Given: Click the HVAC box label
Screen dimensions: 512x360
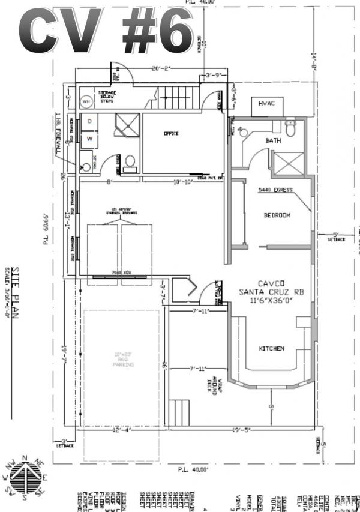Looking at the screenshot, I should [266, 104].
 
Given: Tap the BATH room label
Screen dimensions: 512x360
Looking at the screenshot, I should [273, 140].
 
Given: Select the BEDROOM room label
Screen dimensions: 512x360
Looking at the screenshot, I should [277, 215].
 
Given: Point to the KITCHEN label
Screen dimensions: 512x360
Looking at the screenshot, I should [271, 349].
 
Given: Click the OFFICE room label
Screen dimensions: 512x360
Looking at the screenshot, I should [171, 134].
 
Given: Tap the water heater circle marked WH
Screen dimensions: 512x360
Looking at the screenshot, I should [86, 101].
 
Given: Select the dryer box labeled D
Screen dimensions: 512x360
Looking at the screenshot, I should [89, 121].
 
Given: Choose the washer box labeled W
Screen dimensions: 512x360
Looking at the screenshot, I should [89, 138].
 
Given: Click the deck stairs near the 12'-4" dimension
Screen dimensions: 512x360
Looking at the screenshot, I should [180, 414].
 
